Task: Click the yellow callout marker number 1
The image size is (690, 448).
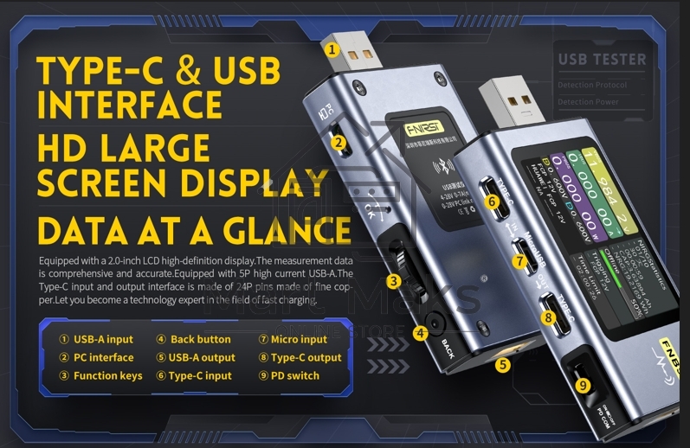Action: [x=332, y=49]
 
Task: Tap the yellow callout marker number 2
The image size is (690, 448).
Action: [x=339, y=143]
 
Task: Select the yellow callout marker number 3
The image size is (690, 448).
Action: [x=393, y=280]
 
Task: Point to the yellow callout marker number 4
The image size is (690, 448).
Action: [x=421, y=332]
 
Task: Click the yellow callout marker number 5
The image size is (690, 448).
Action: [x=503, y=365]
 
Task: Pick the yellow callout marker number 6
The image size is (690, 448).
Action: [x=492, y=202]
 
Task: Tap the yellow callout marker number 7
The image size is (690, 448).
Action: [x=519, y=259]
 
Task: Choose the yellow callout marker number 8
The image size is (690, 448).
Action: [x=548, y=317]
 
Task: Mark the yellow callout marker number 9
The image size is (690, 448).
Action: [x=583, y=384]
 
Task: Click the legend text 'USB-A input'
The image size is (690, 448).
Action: [x=103, y=340]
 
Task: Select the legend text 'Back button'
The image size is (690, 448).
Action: [x=200, y=340]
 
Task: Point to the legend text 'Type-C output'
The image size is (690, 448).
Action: [x=306, y=358]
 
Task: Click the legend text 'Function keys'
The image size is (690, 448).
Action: [x=106, y=376]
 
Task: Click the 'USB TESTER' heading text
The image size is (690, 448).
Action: [x=602, y=60]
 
